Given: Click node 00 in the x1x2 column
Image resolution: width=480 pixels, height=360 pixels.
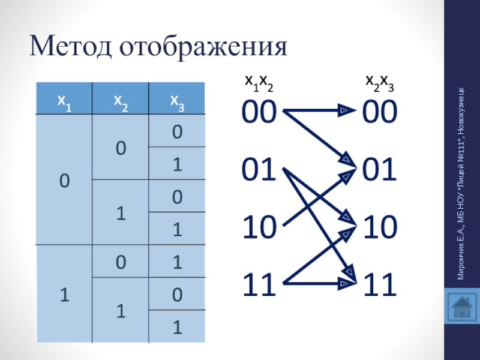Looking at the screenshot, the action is [x=259, y=112].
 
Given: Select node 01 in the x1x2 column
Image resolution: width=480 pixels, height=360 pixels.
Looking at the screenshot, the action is [x=259, y=170].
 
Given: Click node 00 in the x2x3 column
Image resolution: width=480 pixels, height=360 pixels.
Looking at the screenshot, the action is [x=379, y=112].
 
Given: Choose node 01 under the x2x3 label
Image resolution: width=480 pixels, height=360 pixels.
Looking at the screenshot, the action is [x=379, y=170].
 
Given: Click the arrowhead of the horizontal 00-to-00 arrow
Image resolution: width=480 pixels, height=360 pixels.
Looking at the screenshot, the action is [x=344, y=110].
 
